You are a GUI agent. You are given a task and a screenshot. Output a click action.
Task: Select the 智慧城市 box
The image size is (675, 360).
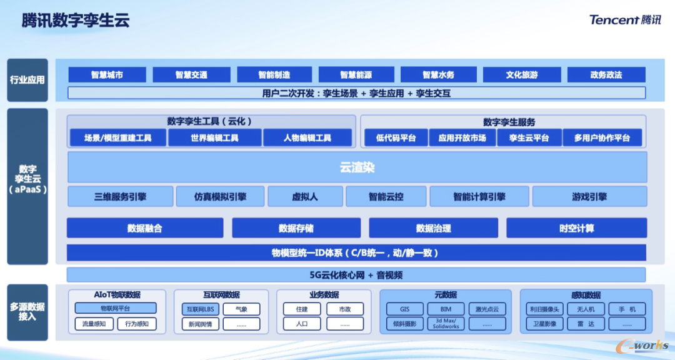pos(107,75)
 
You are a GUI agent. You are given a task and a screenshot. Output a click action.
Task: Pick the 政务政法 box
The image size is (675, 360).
pos(606,75)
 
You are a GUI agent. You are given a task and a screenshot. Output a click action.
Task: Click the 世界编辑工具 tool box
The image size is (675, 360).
pos(214,137)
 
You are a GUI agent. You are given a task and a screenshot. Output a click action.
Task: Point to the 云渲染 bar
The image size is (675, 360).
pos(357,167)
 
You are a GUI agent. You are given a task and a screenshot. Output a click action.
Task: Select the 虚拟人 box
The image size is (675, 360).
pos(305,196)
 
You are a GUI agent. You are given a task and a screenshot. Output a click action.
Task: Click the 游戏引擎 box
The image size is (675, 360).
pos(589,196)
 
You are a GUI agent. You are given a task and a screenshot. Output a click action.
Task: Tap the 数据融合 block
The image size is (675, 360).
pos(145,228)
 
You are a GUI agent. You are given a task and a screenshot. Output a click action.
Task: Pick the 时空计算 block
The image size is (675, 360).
pos(576,228)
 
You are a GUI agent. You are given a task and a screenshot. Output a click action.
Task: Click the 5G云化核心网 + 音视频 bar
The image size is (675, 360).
pos(356,275)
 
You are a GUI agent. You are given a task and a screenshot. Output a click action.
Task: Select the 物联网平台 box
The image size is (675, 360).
pos(116,308)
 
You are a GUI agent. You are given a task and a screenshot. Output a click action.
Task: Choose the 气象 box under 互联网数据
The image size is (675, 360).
pos(241,309)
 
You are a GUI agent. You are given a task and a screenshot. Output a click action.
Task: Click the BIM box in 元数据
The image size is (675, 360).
pos(446,309)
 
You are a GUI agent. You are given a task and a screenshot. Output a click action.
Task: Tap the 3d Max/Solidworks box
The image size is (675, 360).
pos(446,324)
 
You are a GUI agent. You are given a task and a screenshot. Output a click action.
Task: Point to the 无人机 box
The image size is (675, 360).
pos(586,309)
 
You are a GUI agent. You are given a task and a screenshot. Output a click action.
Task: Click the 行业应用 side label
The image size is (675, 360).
pos(27,80)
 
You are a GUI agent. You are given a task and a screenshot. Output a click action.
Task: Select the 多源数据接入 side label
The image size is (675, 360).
pos(27,311)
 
